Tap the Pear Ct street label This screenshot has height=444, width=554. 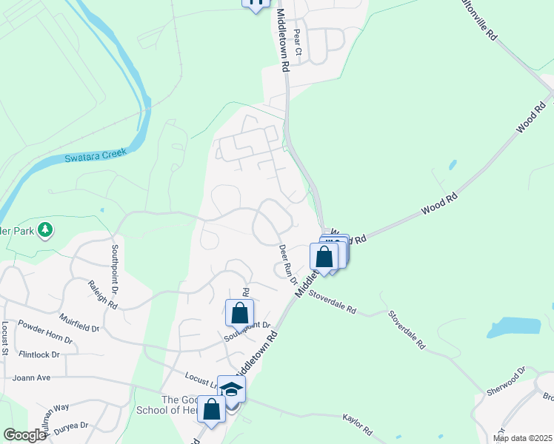coord(298,43)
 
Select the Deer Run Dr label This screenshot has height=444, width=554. coord(287,265)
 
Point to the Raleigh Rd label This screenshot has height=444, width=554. coord(103,295)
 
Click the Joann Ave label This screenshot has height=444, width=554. coord(31,377)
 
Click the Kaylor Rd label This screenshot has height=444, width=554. coord(356,423)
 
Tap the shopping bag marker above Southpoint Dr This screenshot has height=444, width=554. coord(240,312)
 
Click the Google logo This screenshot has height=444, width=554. coord(24,435)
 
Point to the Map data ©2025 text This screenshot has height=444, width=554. coord(521,438)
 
